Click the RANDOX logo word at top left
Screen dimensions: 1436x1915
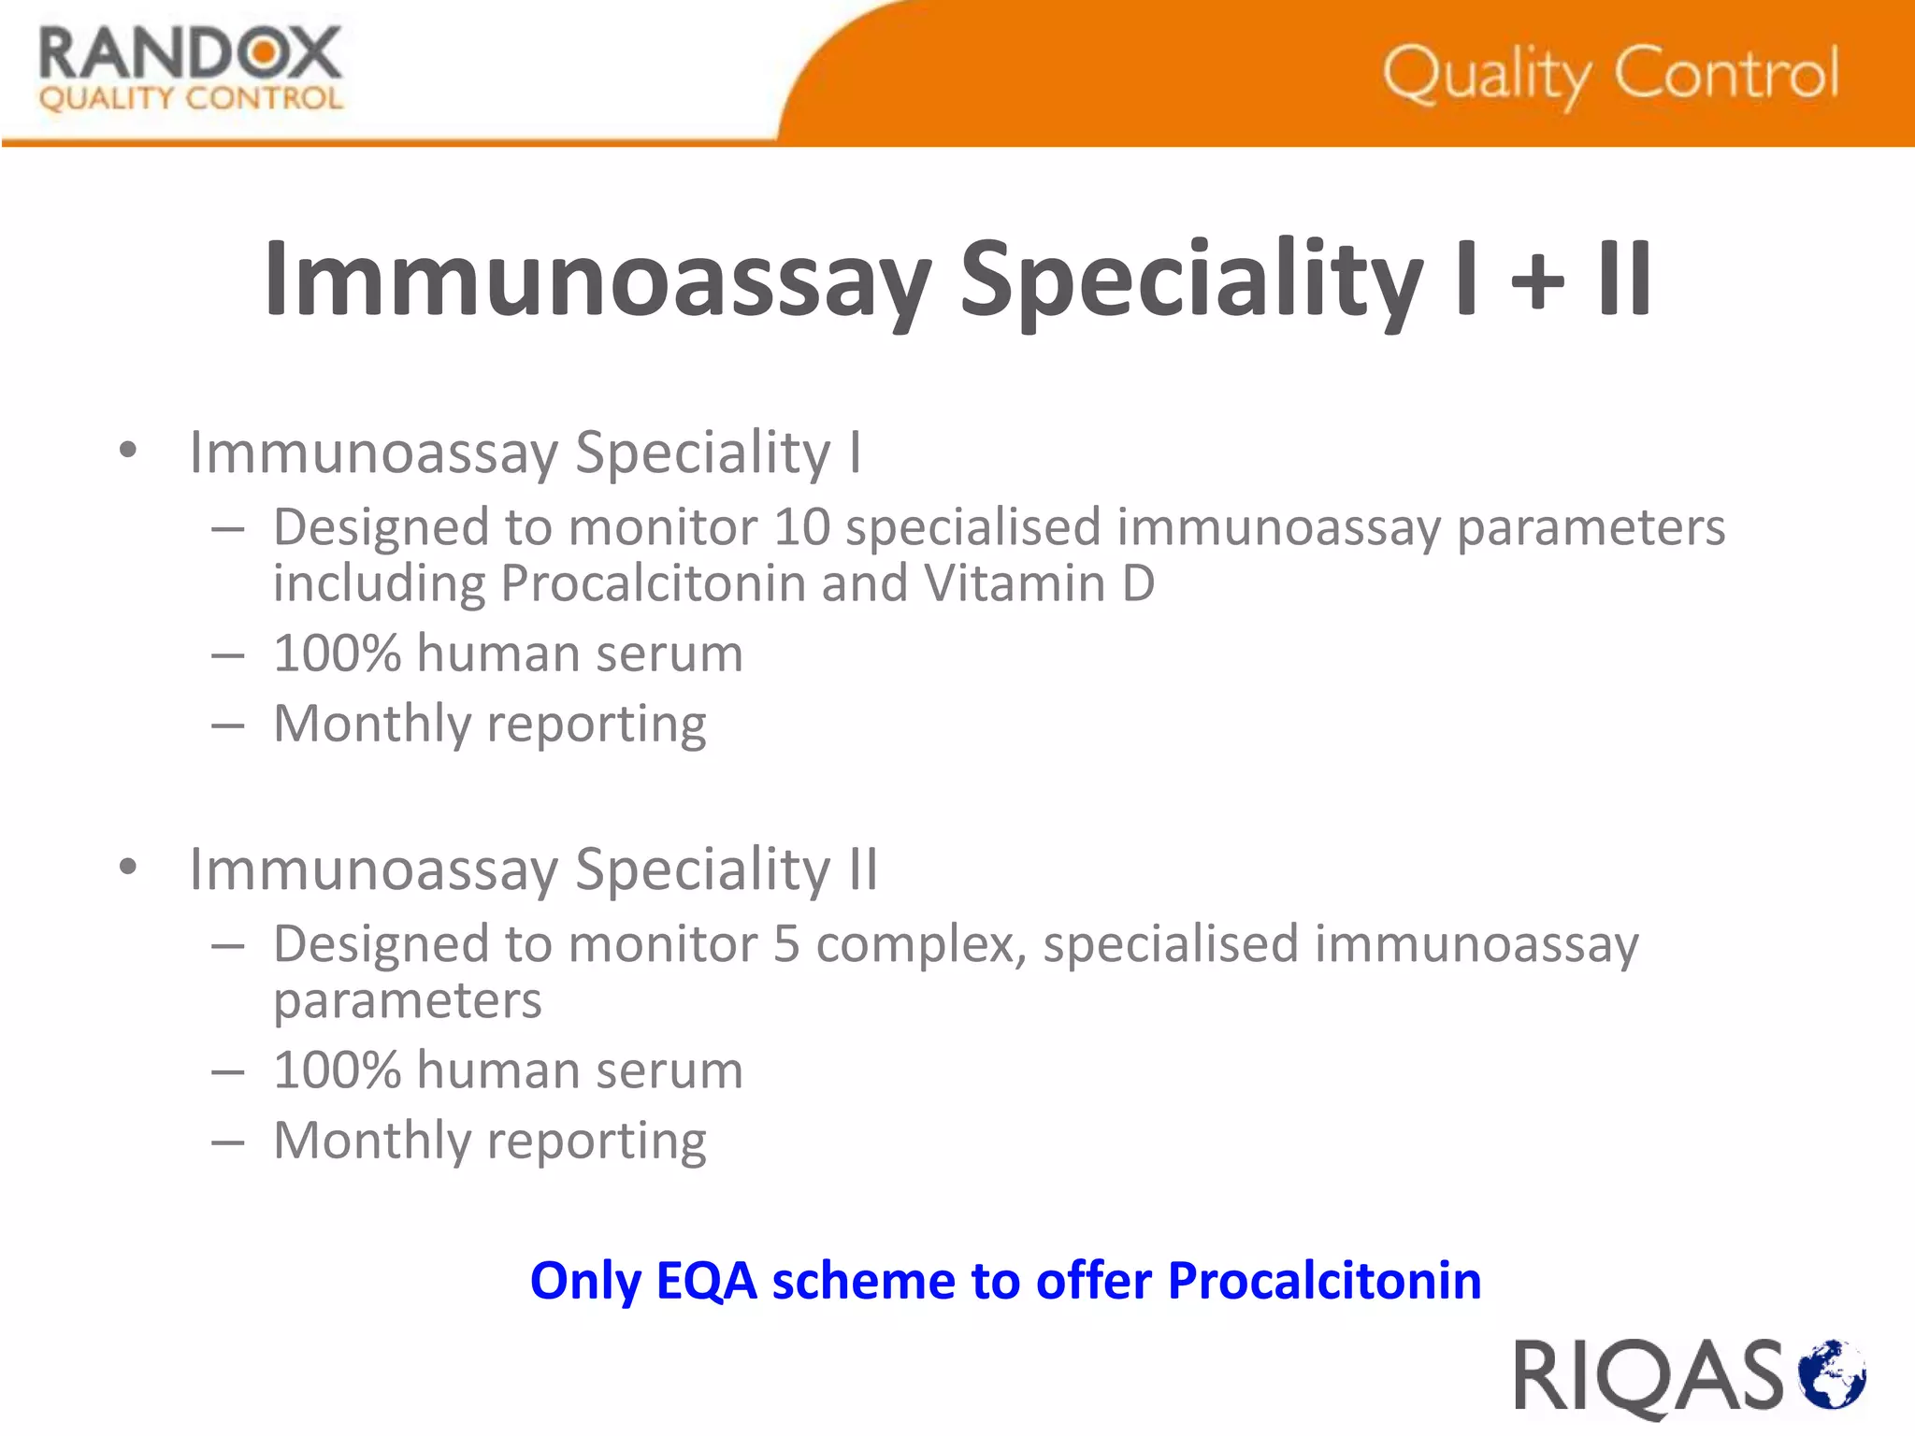190,54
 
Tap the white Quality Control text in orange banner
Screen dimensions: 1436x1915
1610,75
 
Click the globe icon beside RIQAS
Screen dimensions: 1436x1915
1832,1373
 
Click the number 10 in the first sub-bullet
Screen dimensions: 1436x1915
802,528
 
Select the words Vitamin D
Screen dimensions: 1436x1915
1039,584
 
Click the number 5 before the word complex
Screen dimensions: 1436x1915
786,944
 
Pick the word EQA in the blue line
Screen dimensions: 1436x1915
706,1281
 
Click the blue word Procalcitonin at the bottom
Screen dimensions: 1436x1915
1324,1281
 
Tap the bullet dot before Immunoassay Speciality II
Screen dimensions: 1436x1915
128,868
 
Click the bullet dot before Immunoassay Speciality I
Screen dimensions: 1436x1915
128,451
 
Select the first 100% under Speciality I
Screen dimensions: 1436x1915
337,653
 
